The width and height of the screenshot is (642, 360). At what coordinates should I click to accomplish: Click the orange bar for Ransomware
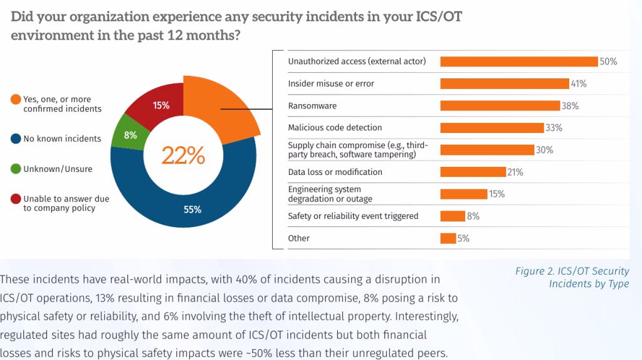pyautogui.click(x=500, y=105)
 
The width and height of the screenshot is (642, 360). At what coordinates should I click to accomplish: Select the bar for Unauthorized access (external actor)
pyautogui.click(x=518, y=61)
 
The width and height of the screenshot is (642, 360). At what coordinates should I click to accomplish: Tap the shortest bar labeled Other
pyautogui.click(x=448, y=238)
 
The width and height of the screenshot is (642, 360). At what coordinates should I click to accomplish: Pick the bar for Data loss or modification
pyautogui.click(x=473, y=172)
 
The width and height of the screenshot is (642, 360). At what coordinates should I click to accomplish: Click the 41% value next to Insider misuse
pyautogui.click(x=579, y=83)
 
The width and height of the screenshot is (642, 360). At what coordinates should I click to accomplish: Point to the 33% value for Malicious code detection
pyautogui.click(x=554, y=128)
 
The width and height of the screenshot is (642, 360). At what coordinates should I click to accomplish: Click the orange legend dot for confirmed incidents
pyautogui.click(x=15, y=100)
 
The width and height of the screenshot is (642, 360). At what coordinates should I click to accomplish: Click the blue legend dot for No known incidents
pyautogui.click(x=15, y=139)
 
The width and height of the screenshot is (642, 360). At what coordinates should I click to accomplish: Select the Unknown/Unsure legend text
pyautogui.click(x=57, y=169)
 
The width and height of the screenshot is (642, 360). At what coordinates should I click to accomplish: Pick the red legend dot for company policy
pyautogui.click(x=15, y=199)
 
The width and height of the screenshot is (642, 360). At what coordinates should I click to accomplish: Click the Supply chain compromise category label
pyautogui.click(x=357, y=150)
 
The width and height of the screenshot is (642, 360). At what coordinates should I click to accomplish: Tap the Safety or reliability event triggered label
pyautogui.click(x=353, y=216)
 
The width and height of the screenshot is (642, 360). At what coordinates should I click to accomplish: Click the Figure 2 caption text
pyautogui.click(x=572, y=277)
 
